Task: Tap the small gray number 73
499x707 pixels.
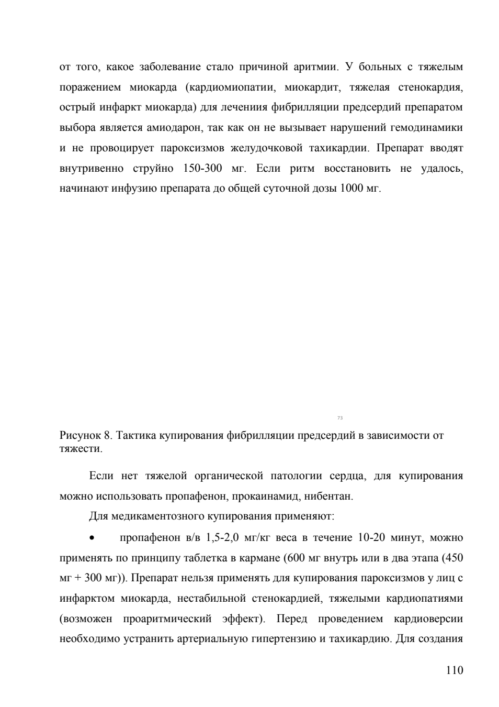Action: point(340,418)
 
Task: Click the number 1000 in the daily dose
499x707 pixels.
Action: point(349,189)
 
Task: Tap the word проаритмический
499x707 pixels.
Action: point(167,618)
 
